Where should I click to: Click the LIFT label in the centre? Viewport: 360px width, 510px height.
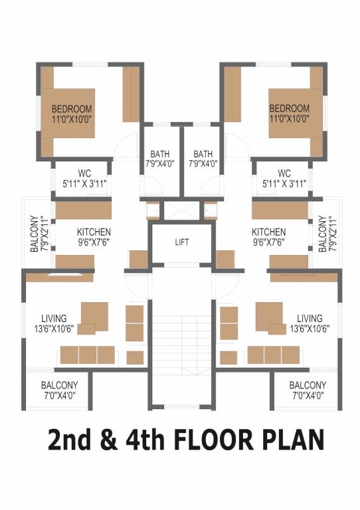(x=181, y=242)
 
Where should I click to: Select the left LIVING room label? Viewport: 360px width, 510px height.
(x=54, y=318)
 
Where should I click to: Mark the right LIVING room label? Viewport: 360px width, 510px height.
(x=310, y=318)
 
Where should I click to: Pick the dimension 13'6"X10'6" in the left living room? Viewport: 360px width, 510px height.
(x=54, y=329)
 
